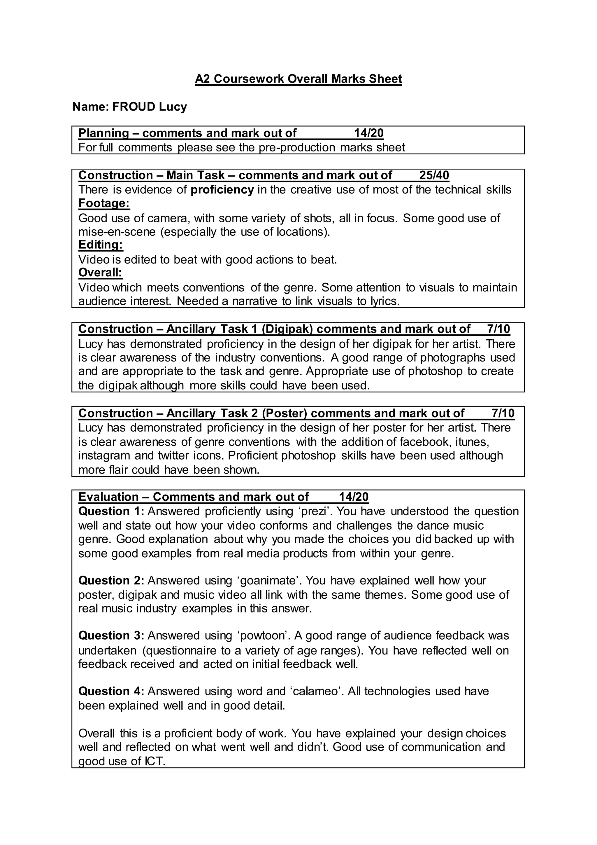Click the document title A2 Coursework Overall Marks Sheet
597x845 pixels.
click(x=298, y=79)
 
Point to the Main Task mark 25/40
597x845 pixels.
click(x=434, y=175)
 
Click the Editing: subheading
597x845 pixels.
click(x=101, y=245)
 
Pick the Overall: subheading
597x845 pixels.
click(x=100, y=273)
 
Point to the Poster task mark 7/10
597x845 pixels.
click(x=503, y=413)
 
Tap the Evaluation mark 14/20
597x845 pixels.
click(x=353, y=497)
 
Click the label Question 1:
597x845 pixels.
click(x=111, y=511)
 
